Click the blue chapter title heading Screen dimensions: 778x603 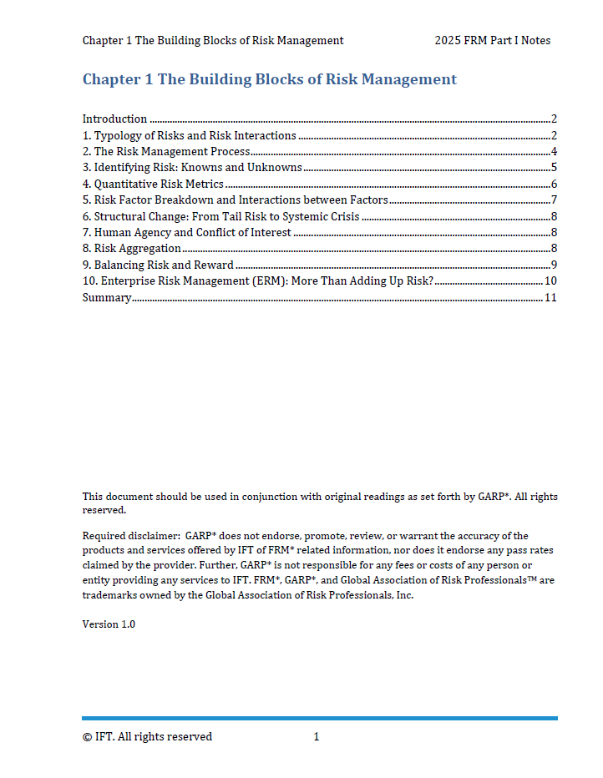click(x=269, y=80)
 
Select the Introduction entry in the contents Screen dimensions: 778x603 click(x=114, y=119)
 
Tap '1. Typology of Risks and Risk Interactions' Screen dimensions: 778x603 click(x=189, y=135)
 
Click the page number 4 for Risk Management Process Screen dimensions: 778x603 click(x=554, y=152)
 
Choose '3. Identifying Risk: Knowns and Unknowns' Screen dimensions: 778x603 click(x=192, y=168)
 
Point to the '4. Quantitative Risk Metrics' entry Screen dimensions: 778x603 click(x=153, y=184)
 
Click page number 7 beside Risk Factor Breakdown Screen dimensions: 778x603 click(x=554, y=200)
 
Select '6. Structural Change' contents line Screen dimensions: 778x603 click(x=220, y=216)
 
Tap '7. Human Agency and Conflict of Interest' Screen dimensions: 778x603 click(x=186, y=233)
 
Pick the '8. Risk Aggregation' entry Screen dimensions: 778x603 click(x=131, y=249)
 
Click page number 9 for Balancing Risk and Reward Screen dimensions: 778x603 click(x=554, y=265)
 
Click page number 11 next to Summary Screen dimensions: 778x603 click(x=550, y=298)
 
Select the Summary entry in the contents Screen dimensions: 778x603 click(x=107, y=298)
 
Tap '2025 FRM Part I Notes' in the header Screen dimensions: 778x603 click(x=492, y=40)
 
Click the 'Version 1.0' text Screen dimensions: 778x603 click(x=109, y=624)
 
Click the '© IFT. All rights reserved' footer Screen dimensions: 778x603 click(x=147, y=736)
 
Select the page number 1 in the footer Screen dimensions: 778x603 click(x=317, y=736)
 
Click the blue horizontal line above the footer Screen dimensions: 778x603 click(x=319, y=718)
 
